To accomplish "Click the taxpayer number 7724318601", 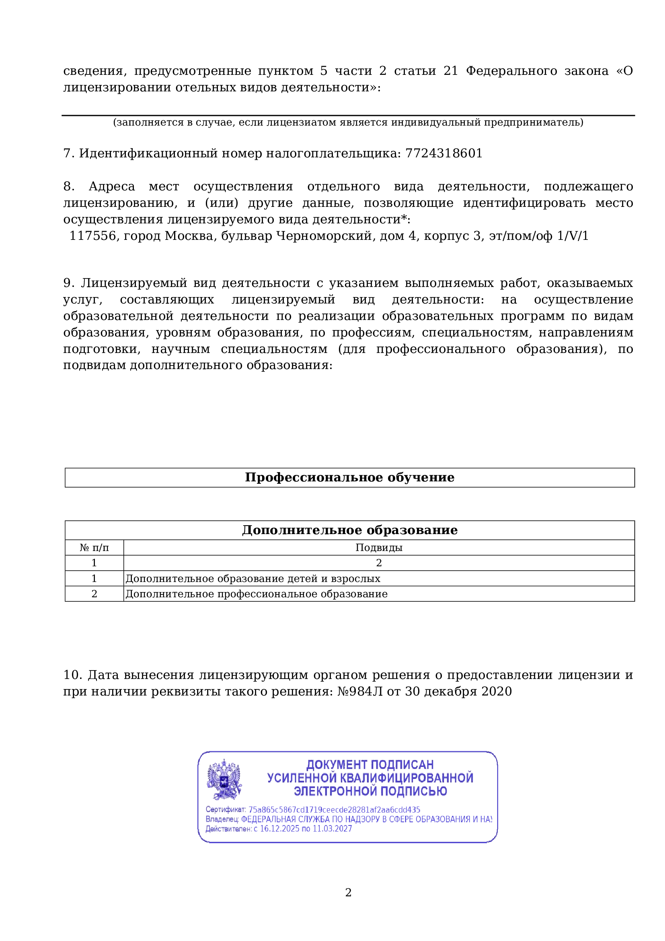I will [444, 153].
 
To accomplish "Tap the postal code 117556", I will [93, 236].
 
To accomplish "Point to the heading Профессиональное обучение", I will [349, 477].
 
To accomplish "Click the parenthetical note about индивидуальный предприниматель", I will [348, 122].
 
